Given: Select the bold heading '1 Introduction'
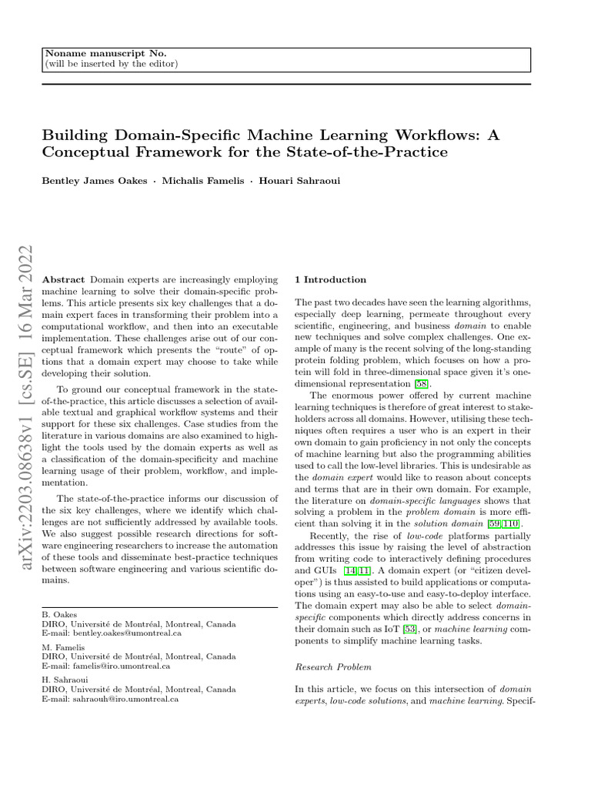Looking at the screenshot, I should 331,279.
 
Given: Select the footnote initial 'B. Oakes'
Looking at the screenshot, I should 58,616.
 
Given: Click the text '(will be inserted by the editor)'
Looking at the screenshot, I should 112,63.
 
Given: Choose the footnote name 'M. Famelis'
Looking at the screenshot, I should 62,649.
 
